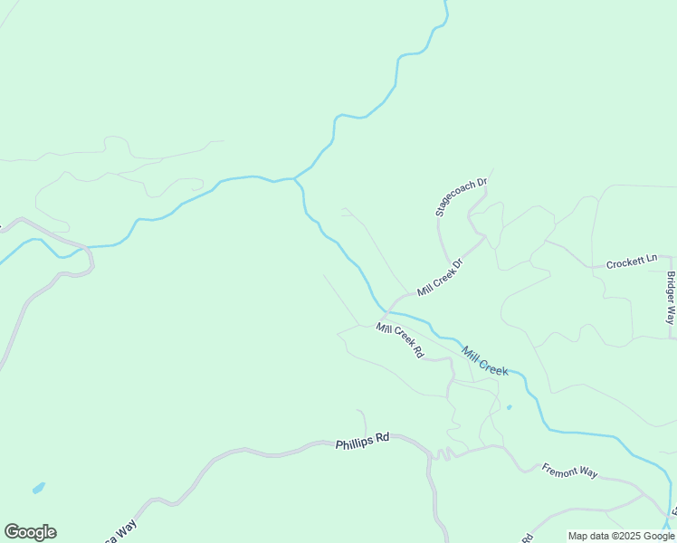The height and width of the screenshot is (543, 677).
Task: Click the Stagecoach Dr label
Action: (x=462, y=196)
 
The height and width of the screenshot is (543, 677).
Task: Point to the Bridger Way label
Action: (x=671, y=298)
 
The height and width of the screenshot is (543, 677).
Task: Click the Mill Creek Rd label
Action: (x=400, y=340)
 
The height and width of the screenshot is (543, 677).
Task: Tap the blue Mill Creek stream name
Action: (x=484, y=359)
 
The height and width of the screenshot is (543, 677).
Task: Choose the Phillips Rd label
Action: (x=362, y=443)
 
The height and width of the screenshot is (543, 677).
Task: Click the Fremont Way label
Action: (x=570, y=472)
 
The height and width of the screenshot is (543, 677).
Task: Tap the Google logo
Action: (x=30, y=532)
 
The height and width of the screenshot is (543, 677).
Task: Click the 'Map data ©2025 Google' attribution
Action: (x=622, y=536)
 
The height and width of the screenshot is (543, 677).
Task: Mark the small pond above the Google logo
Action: (x=38, y=489)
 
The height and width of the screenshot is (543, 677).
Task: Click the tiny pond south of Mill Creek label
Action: (x=509, y=407)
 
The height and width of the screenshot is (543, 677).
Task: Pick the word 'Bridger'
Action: (x=671, y=289)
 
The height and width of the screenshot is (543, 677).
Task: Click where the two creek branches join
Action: (x=295, y=179)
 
